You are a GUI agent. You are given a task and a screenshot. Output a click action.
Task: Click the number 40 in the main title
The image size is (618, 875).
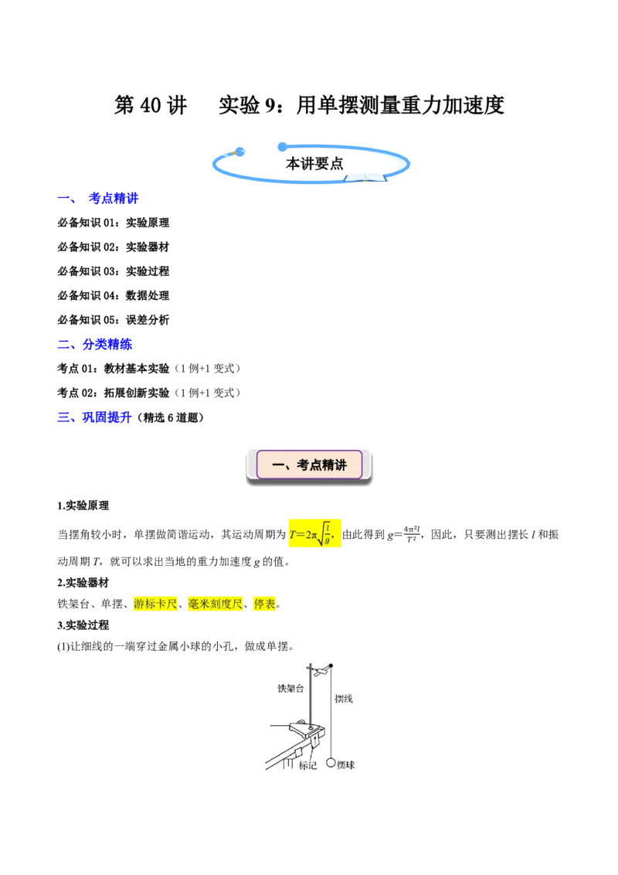[x=151, y=105]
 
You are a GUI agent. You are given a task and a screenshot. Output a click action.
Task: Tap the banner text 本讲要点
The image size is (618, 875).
[x=314, y=164]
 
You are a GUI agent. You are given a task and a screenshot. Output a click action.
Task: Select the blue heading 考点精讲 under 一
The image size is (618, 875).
[x=114, y=198]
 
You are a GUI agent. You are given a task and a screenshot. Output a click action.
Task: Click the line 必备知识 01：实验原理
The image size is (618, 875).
[x=114, y=223]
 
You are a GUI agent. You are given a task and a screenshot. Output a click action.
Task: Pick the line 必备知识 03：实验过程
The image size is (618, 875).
[x=114, y=271]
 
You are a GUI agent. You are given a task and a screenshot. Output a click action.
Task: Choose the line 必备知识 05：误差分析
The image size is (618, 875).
[x=114, y=320]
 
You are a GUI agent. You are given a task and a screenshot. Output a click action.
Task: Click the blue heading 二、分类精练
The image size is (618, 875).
[x=95, y=344]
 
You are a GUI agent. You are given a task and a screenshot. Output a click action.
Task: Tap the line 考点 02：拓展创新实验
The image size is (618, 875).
[x=114, y=393]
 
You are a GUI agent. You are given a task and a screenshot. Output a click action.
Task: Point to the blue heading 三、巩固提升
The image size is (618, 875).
[x=95, y=417]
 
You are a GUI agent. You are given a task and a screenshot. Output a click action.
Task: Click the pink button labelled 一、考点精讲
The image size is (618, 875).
[x=310, y=465]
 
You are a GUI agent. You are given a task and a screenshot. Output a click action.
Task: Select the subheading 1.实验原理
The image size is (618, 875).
[x=83, y=506]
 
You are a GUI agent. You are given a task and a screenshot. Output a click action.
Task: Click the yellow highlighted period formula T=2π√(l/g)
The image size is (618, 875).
[x=314, y=533]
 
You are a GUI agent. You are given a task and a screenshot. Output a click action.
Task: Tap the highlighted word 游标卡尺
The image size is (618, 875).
[x=155, y=604]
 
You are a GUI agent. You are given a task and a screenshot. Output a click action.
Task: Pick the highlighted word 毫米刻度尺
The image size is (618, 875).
[x=216, y=604]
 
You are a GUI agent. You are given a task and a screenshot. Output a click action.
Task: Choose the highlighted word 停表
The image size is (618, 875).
[x=264, y=604]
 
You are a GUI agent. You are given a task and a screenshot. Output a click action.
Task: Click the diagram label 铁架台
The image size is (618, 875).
[x=290, y=689]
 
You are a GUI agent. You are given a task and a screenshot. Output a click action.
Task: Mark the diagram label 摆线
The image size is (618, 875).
[x=344, y=699]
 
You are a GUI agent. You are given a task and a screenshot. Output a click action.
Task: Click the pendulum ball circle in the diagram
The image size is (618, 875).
[x=331, y=762]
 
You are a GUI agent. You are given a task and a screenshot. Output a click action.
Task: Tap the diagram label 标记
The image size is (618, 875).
[x=307, y=765]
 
